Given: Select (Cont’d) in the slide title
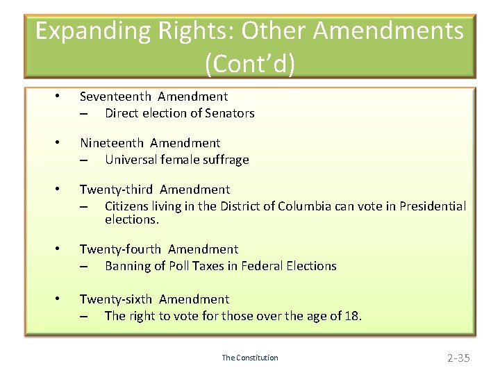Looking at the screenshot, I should pos(250,64).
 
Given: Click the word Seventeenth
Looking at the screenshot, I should pos(115,97).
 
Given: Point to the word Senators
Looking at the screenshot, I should pos(230,113).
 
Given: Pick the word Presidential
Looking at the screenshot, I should pos(431,206).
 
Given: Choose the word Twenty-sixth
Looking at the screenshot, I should pos(115,299).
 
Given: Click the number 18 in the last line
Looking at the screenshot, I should pos(352,316).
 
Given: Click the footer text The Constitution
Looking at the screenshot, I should pos(250,358).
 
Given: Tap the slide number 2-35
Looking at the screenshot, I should pos(458,358).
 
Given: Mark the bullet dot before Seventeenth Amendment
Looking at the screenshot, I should pos(60,97).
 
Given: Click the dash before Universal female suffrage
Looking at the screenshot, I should pos(84,160).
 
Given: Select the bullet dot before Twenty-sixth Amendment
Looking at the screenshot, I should pos(60,299).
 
